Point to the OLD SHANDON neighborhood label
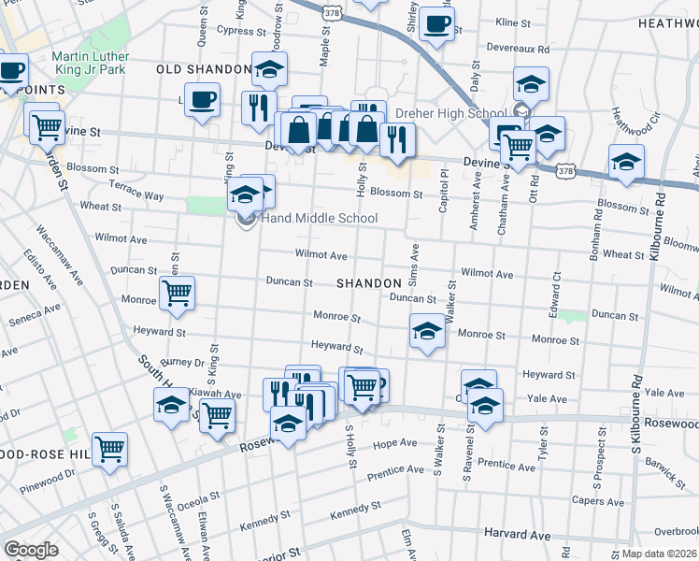(x=203, y=70)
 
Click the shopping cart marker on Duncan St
(x=177, y=292)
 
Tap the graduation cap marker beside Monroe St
(x=427, y=330)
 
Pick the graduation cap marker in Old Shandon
(x=269, y=68)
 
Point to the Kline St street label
(x=512, y=22)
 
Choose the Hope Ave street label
(x=393, y=445)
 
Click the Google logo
(x=31, y=550)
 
